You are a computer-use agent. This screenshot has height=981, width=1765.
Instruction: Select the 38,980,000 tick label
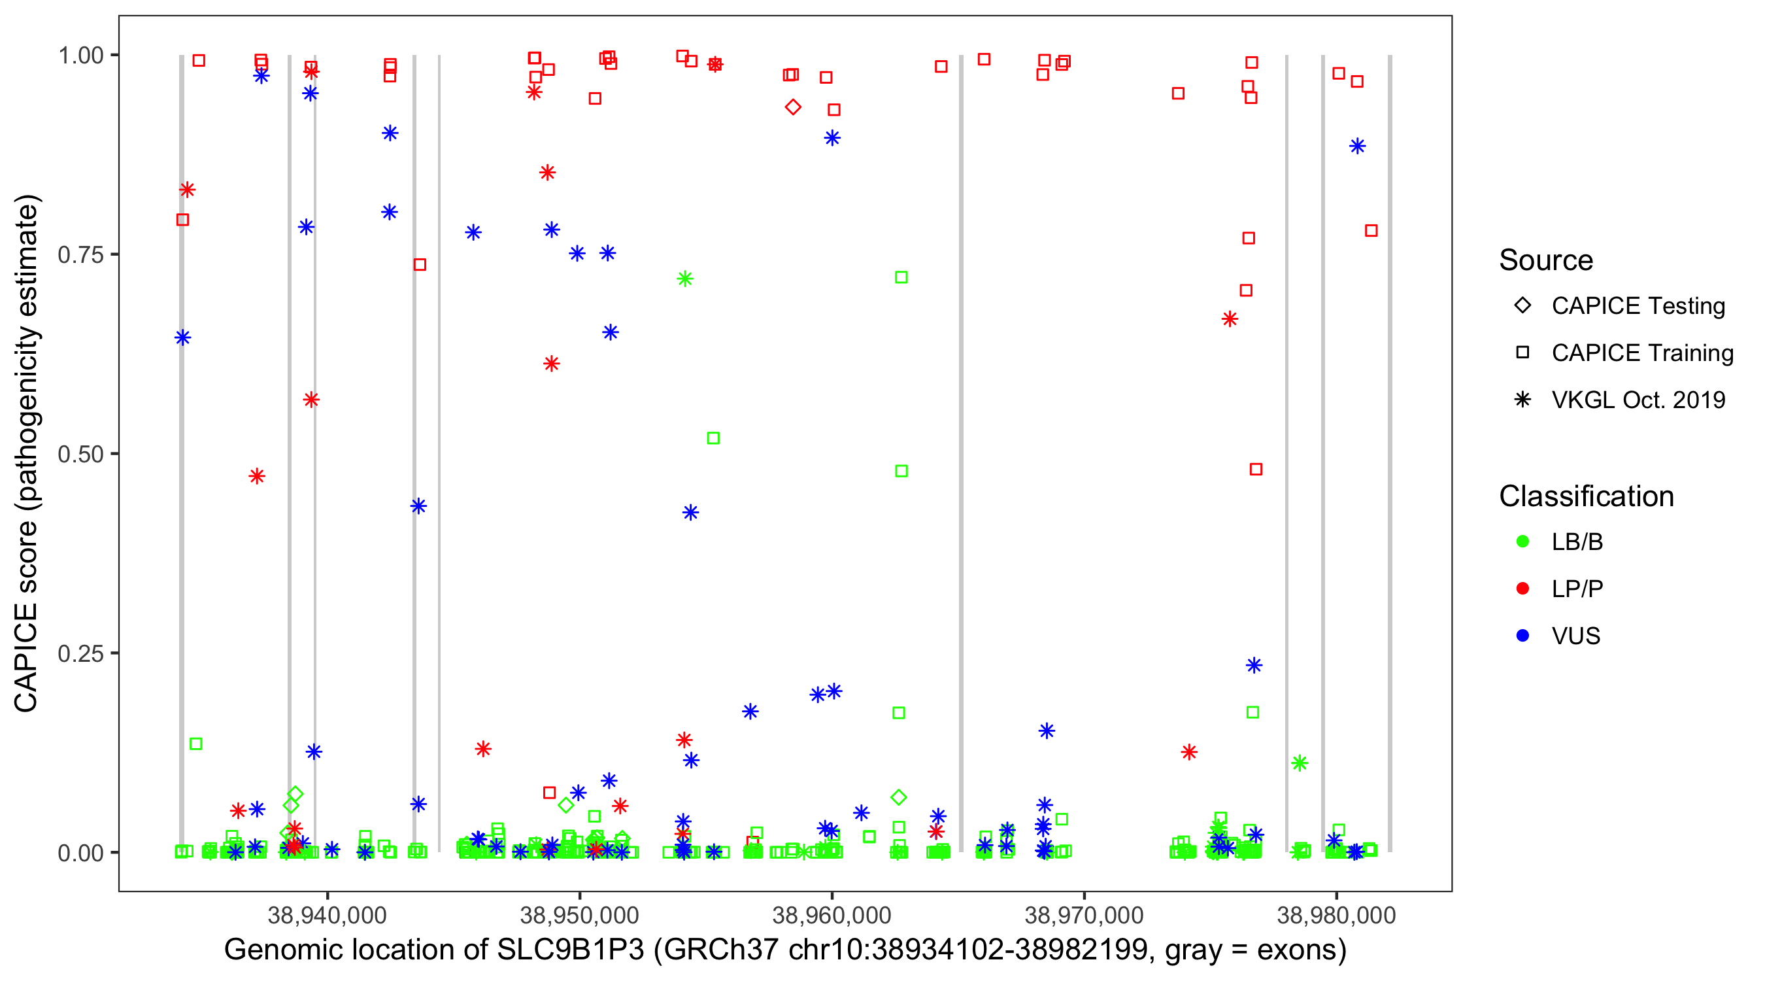point(1336,915)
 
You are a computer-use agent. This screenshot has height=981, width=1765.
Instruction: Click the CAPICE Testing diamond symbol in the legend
point(1522,306)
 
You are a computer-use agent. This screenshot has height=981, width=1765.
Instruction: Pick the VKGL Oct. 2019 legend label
point(1638,400)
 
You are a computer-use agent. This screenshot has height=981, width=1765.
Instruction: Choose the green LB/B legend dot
point(1522,542)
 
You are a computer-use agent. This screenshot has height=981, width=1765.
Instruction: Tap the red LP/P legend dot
point(1522,589)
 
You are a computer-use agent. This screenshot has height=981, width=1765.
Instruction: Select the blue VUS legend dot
point(1522,636)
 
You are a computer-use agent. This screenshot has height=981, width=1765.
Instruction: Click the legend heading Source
point(1546,260)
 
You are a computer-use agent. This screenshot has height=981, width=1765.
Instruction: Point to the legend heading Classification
point(1586,496)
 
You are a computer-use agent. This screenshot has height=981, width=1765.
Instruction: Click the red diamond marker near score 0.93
point(793,107)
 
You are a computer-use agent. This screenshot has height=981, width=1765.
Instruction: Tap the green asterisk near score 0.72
point(684,279)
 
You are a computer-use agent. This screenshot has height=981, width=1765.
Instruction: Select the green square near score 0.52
point(713,438)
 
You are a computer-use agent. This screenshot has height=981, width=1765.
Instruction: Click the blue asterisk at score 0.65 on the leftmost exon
point(182,337)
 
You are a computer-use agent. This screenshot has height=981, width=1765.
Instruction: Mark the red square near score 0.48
point(1255,470)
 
